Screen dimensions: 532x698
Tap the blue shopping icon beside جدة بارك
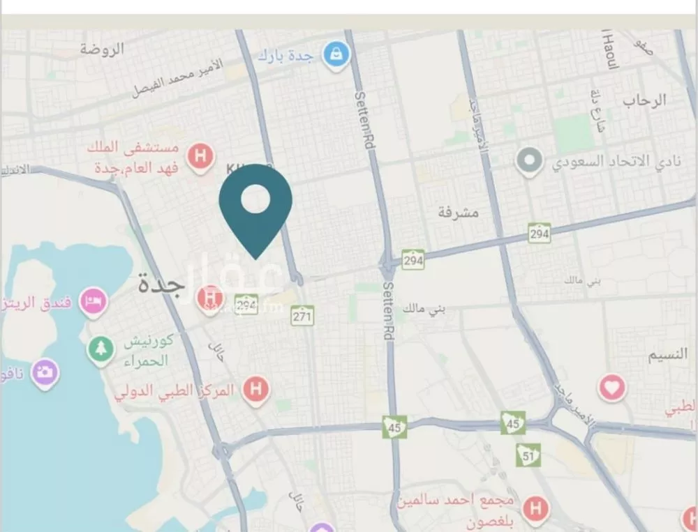(x=336, y=54)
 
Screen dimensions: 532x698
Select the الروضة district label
(x=102, y=49)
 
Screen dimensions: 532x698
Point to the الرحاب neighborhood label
(x=644, y=100)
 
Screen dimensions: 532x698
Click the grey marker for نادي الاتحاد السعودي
(x=529, y=161)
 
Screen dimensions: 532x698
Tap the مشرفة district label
(x=459, y=213)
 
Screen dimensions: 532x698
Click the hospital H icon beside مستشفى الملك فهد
(x=200, y=155)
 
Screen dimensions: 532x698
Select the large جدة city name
(x=161, y=284)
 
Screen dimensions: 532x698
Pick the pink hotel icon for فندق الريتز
(x=93, y=301)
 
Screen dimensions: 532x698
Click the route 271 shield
(x=302, y=315)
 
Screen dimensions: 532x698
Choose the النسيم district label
(x=668, y=355)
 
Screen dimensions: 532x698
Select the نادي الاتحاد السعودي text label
(x=604, y=162)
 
